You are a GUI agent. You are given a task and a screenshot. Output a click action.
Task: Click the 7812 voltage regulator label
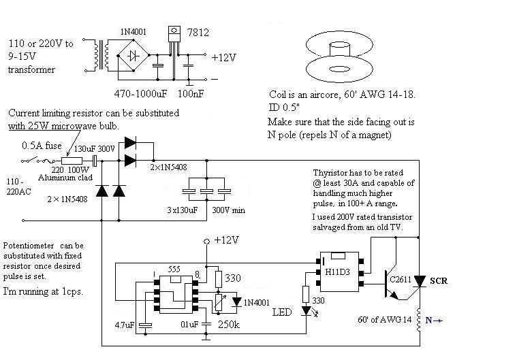tap(198, 32)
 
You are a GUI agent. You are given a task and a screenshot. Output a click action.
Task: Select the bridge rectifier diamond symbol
tap(134, 55)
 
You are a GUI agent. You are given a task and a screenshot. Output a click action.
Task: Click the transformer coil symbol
tap(101, 55)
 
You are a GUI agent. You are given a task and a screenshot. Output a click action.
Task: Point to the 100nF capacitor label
tap(191, 93)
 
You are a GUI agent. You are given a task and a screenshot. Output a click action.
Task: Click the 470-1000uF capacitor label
tap(140, 93)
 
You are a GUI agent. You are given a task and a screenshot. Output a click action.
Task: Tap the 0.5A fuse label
tap(42, 146)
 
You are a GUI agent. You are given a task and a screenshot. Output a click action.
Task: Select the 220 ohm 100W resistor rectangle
tap(72, 161)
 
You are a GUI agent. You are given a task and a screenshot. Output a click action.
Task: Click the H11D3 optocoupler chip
tap(339, 272)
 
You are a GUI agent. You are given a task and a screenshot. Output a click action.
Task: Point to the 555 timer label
tap(174, 269)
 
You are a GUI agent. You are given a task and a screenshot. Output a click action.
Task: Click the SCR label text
tap(439, 281)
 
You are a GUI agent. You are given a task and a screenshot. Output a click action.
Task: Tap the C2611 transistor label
tap(401, 280)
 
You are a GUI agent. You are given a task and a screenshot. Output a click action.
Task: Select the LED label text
tap(282, 312)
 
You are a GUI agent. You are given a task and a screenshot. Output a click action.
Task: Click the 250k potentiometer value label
tap(229, 325)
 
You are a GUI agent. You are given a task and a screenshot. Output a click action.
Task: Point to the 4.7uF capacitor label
tap(125, 325)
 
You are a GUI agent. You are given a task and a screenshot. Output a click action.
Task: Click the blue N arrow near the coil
tap(434, 320)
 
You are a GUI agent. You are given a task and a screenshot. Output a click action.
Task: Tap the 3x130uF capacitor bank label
tap(182, 210)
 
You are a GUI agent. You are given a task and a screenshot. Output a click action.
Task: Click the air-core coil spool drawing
tap(339, 59)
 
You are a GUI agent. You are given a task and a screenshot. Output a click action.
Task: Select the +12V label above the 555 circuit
tap(227, 240)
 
